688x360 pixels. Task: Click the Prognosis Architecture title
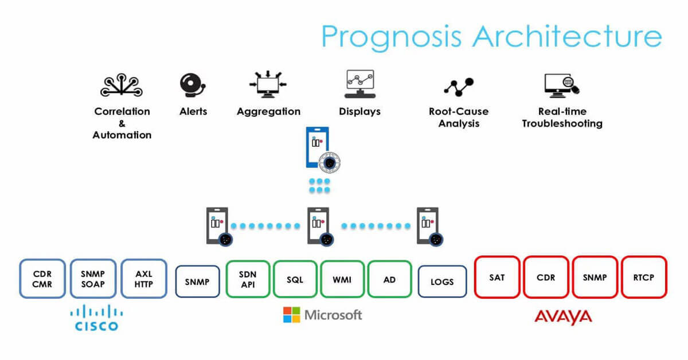click(x=491, y=36)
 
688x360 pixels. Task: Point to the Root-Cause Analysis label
click(x=459, y=117)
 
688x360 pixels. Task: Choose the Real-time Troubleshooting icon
click(x=561, y=85)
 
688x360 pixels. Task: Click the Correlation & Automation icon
click(x=122, y=85)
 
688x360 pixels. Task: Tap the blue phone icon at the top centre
click(x=319, y=148)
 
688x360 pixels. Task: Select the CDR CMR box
click(x=43, y=278)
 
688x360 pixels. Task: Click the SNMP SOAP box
click(x=93, y=278)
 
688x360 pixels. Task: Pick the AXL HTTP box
click(x=144, y=278)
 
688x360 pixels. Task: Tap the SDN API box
click(x=248, y=279)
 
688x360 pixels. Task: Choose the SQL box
click(x=295, y=279)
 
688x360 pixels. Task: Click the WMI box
click(x=342, y=279)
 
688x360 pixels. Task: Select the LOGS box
click(x=442, y=281)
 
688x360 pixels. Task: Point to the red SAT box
click(x=497, y=277)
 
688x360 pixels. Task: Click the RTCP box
click(x=644, y=277)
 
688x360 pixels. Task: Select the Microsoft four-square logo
click(x=291, y=315)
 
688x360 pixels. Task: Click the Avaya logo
click(x=562, y=316)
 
